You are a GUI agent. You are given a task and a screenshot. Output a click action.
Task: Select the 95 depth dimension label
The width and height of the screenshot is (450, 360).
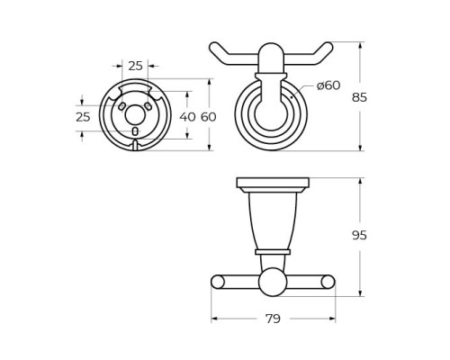(x=359, y=235)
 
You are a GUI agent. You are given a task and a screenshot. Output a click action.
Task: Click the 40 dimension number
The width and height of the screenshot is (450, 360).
(x=187, y=117)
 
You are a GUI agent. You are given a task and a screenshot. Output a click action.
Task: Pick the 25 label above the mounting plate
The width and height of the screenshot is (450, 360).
(x=136, y=66)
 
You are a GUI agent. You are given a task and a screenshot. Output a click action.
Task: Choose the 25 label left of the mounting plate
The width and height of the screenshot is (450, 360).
(x=83, y=117)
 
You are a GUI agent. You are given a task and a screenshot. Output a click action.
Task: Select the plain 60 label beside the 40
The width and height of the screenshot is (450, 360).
(x=209, y=117)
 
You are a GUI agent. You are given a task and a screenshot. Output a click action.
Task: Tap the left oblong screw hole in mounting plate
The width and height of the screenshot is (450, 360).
(x=121, y=105)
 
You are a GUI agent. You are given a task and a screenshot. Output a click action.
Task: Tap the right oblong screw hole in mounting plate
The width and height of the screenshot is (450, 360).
(x=148, y=105)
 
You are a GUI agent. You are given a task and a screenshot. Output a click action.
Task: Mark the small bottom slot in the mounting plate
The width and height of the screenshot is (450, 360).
(x=135, y=131)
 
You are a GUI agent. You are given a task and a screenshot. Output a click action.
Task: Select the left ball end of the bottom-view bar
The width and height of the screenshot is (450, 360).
(x=218, y=283)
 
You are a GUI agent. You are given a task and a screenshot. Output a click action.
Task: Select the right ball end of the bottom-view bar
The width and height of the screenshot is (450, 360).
(x=328, y=283)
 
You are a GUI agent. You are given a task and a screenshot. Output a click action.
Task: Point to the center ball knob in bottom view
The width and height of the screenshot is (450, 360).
(x=272, y=283)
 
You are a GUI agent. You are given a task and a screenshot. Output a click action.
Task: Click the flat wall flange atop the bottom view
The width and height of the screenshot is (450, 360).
(x=272, y=183)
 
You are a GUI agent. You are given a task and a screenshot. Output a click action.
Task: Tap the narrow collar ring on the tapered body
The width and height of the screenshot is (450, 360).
(x=272, y=251)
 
